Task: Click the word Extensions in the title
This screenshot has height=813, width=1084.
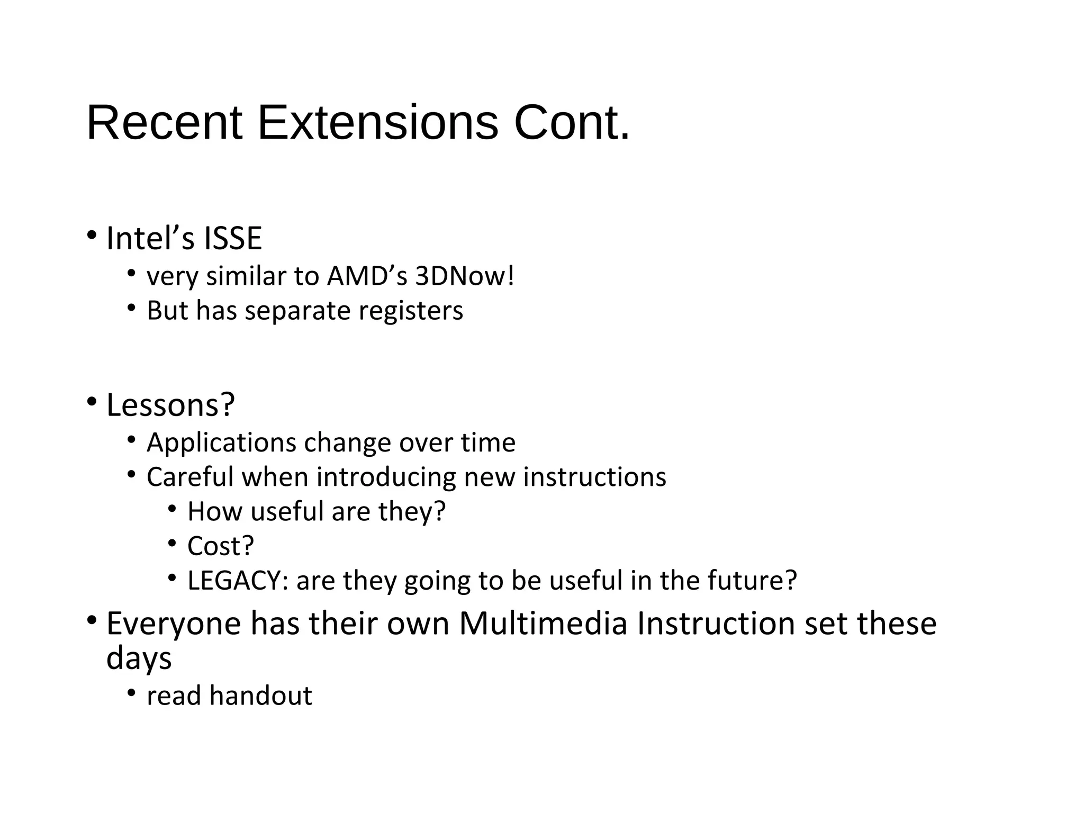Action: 377,123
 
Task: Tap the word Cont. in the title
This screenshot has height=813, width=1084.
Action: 572,123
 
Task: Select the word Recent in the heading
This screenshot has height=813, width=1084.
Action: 164,123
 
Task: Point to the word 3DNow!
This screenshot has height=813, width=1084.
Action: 464,276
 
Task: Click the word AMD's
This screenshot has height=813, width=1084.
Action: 367,276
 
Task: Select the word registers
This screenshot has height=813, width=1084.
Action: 411,311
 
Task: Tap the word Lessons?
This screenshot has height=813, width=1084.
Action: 170,405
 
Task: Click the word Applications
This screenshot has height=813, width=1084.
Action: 221,443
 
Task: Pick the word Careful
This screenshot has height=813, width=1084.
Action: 191,477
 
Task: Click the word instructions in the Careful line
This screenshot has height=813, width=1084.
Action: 594,477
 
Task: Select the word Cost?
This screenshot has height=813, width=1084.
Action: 221,546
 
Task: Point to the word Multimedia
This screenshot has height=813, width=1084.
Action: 543,624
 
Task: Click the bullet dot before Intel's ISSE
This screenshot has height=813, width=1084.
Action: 92,234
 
